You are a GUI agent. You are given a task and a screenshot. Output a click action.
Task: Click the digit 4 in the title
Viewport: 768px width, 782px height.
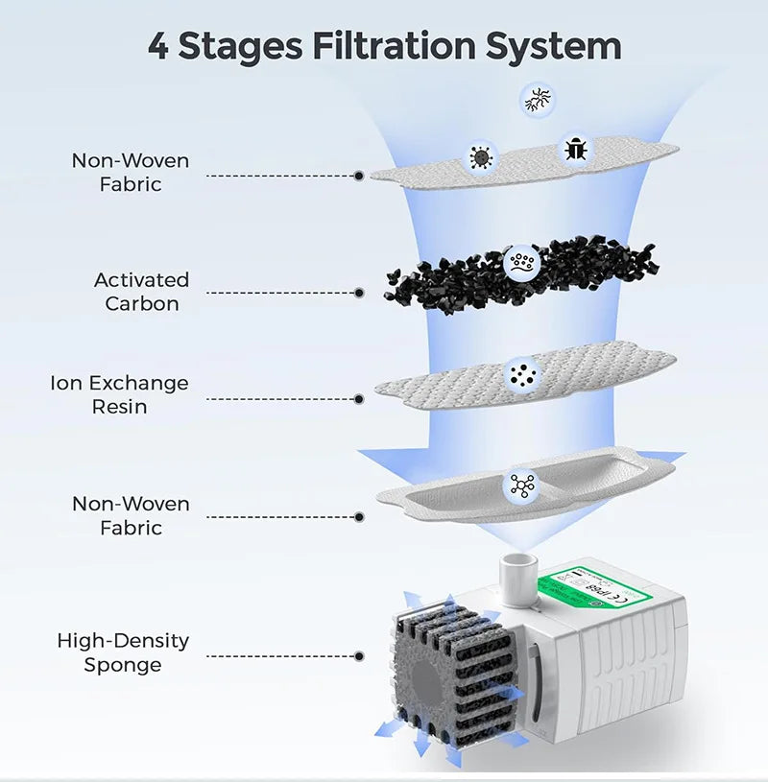coord(158,46)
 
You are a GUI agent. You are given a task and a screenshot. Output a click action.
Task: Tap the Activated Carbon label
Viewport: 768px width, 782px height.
coord(141,292)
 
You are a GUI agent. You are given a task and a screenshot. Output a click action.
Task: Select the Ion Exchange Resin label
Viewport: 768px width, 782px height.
coord(119,394)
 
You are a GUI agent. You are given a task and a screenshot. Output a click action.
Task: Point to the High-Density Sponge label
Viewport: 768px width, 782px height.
coord(123,652)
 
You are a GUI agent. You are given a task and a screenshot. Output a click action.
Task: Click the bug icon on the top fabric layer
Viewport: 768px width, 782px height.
coord(574,149)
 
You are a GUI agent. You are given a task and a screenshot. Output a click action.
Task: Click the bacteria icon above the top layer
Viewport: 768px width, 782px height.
coord(537,98)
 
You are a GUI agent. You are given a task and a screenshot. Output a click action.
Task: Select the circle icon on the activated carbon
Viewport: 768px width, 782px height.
coord(522,261)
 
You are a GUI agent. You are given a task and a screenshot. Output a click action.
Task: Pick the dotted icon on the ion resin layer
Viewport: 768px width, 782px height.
coord(522,374)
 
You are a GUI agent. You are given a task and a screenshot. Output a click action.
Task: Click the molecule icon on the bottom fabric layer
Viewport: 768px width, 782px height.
coord(522,486)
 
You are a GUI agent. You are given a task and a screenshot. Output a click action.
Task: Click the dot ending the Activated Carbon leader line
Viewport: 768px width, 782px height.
coord(359,293)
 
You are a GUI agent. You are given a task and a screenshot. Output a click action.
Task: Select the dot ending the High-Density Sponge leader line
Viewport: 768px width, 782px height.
coord(359,656)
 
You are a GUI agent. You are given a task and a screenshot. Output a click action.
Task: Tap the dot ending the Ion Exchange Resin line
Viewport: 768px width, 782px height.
coord(359,398)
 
